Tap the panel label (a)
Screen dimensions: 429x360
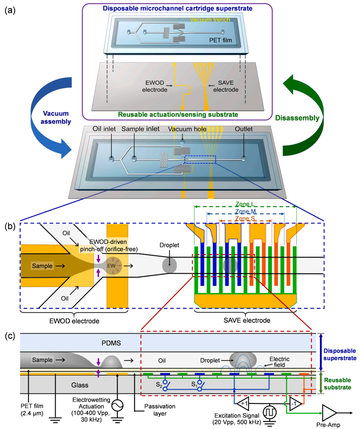pos(10,10)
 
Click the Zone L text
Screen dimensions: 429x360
pos(245,205)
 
